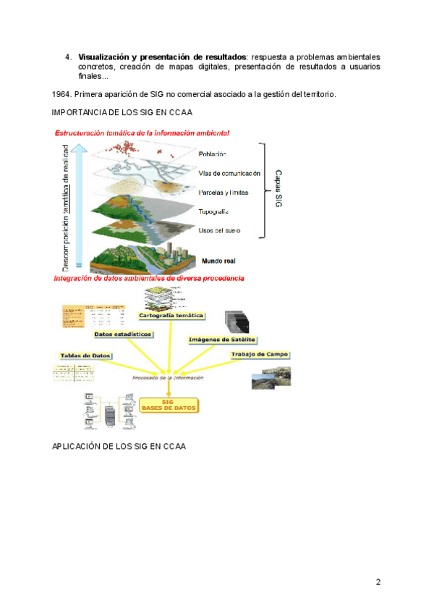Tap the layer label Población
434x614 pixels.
tap(213, 153)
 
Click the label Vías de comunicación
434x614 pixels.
tap(229, 173)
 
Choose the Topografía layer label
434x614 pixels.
tap(213, 212)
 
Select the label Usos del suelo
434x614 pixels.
tap(219, 230)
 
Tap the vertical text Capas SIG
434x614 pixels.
tap(278, 190)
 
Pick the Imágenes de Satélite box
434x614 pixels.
tap(223, 340)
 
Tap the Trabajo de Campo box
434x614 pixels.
tap(260, 354)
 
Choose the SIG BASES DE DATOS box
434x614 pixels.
tap(169, 405)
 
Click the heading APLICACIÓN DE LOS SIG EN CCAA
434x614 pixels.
tap(119, 446)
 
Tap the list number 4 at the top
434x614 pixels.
tap(67, 56)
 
